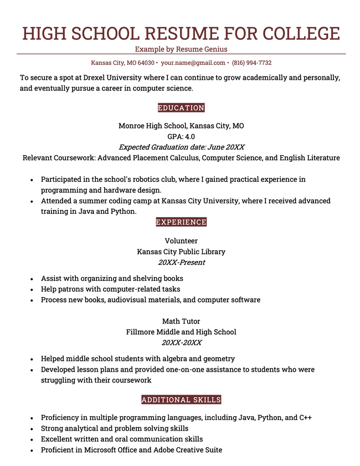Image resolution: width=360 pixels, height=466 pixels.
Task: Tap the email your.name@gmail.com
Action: coord(193,63)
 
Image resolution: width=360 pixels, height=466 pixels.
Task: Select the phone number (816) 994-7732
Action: coord(251,63)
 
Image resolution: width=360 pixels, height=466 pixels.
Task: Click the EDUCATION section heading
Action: coord(181,108)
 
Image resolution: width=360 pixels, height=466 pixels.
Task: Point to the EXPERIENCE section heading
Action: coord(181,222)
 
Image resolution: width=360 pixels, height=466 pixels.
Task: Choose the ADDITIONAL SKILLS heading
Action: coord(181,400)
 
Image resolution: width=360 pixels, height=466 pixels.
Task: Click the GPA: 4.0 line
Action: coord(181,136)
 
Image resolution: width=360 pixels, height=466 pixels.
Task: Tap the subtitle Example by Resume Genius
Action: coord(181,49)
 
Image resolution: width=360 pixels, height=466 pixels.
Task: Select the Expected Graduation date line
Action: coord(181,147)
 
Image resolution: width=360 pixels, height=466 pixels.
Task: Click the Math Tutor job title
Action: coord(181,321)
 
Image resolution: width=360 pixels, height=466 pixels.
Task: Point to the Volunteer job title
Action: coord(181,241)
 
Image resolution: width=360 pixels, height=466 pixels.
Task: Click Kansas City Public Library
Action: coord(181,252)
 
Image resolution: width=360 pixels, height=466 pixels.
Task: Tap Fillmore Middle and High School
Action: coord(181,332)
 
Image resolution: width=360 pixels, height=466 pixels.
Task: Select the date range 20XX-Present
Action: coord(181,263)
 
